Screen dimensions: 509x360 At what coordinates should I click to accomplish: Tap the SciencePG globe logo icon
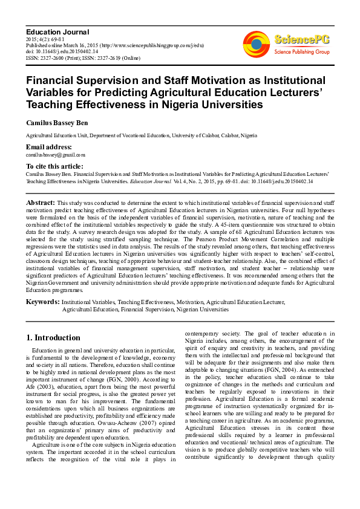(257, 44)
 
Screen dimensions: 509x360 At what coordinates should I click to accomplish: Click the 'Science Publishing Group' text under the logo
(302, 53)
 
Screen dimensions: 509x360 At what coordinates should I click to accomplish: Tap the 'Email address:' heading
(48, 148)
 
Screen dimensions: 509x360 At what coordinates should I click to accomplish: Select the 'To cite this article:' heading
(54, 166)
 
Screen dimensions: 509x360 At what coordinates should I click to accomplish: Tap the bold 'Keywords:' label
(42, 300)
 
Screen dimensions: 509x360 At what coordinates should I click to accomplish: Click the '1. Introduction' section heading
(54, 337)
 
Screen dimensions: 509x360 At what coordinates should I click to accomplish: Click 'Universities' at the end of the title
(211, 104)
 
